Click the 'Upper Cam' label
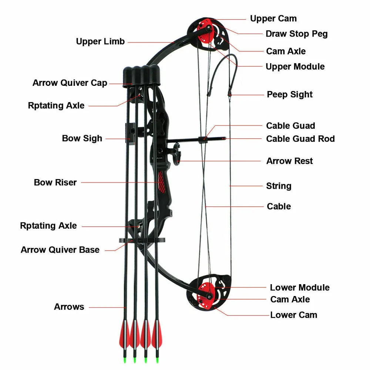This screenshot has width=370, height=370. [x=273, y=18]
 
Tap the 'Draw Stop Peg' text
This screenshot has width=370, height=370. [x=296, y=34]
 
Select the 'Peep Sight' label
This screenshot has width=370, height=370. [x=290, y=95]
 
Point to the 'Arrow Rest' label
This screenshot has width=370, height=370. [x=289, y=161]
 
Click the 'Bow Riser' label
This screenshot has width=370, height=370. [x=55, y=182]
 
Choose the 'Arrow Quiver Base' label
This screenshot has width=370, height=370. [x=60, y=250]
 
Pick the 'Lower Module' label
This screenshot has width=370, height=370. [x=299, y=287]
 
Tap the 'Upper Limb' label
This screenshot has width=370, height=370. [x=100, y=41]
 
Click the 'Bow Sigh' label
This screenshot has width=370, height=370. [x=82, y=138]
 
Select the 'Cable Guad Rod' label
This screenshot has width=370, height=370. [x=300, y=139]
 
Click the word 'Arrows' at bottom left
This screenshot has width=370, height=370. [x=69, y=307]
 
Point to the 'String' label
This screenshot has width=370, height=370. [x=279, y=186]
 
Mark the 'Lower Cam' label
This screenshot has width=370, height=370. [x=293, y=315]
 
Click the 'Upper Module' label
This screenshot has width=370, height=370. [x=295, y=67]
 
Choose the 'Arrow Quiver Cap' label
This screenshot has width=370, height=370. [x=70, y=83]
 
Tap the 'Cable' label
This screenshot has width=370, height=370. [x=279, y=206]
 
